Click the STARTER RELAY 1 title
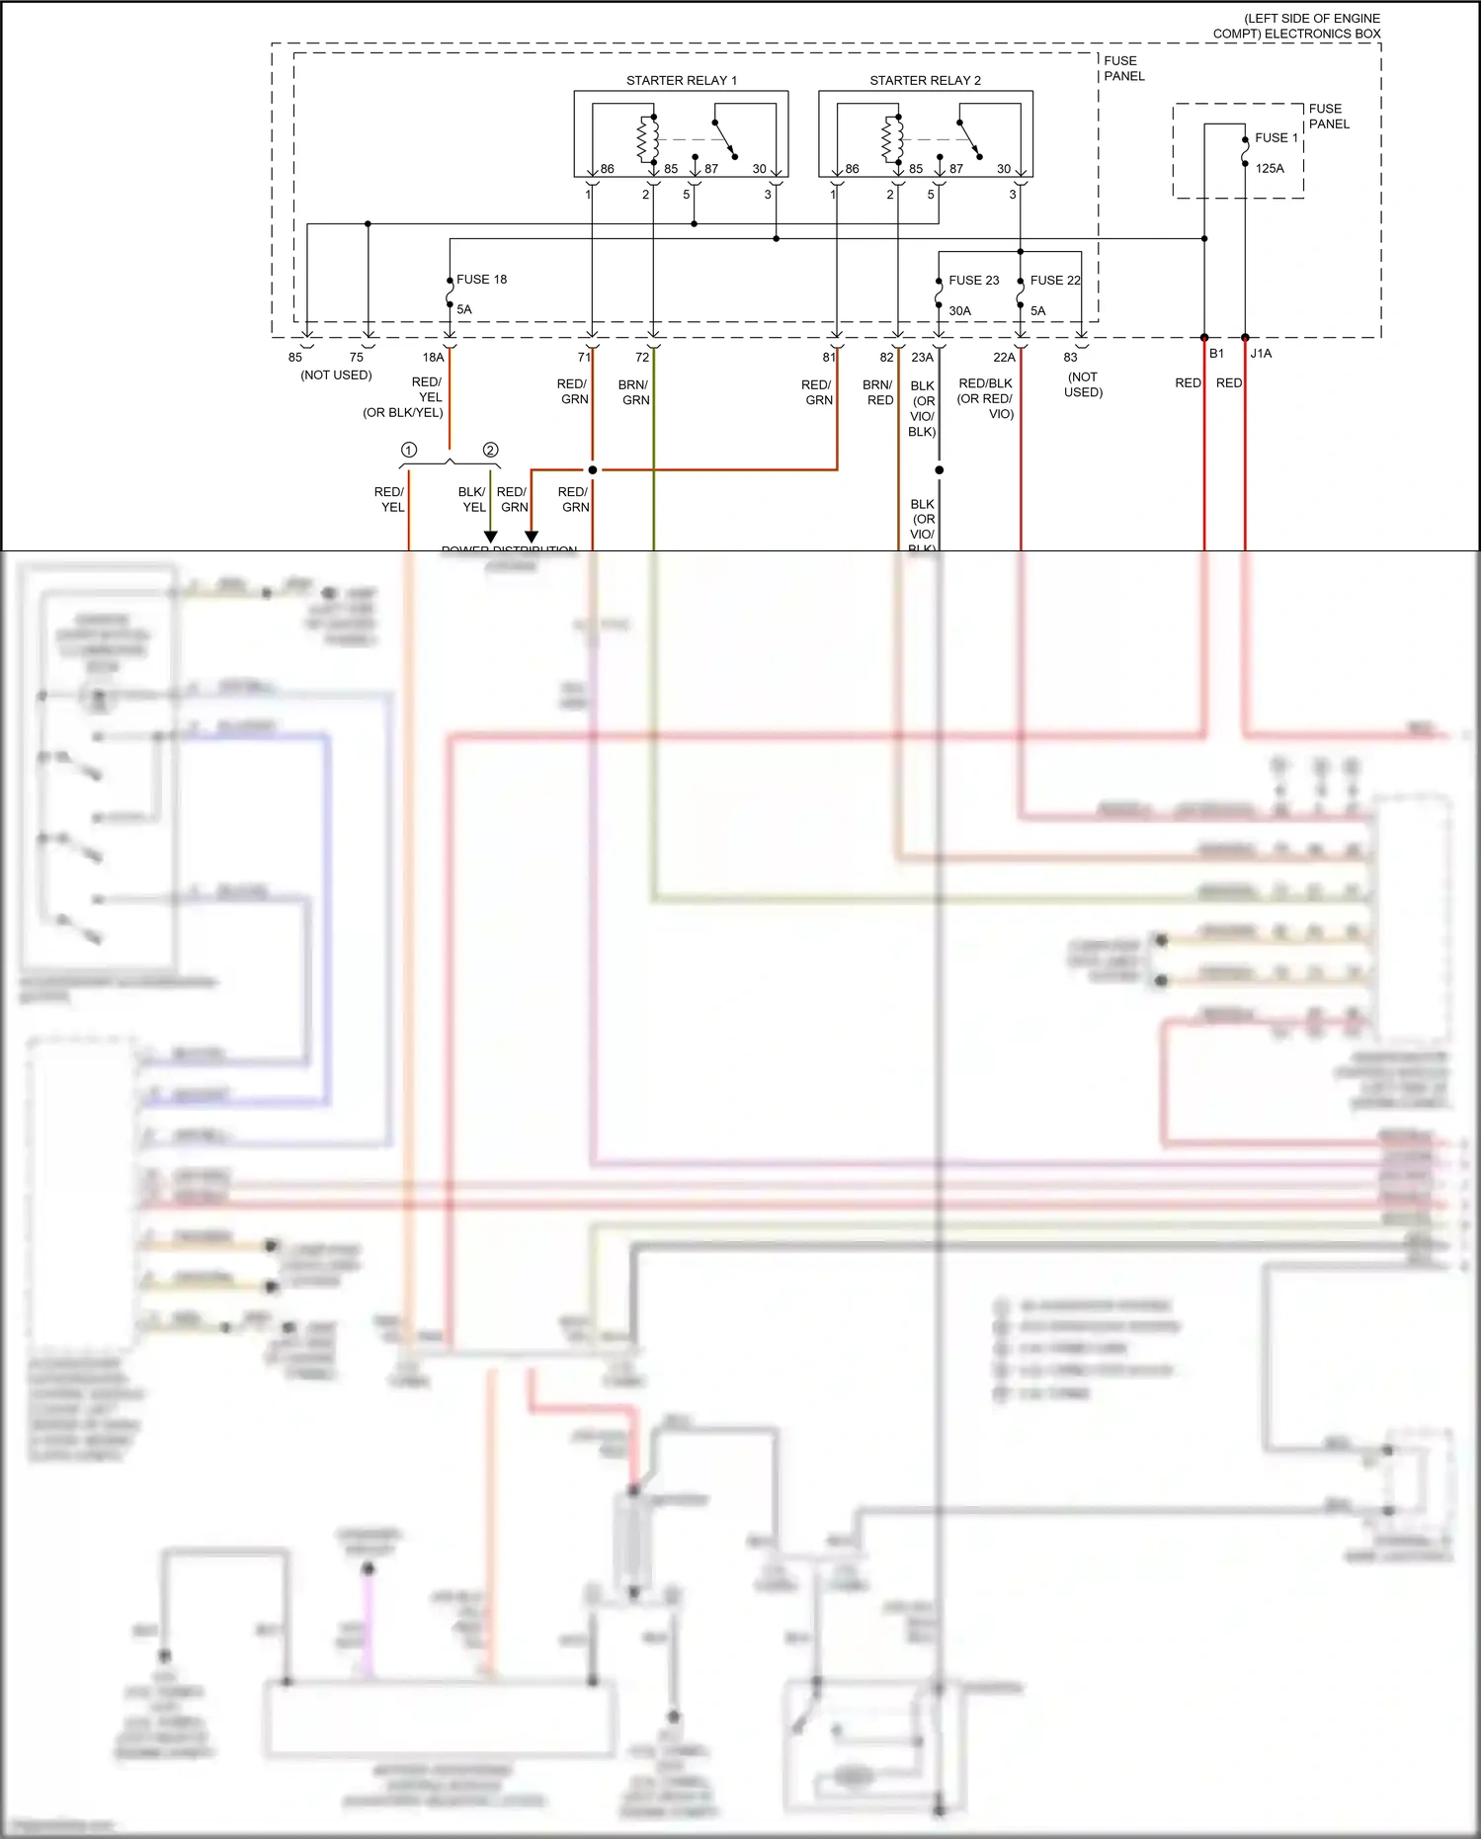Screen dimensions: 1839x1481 681,80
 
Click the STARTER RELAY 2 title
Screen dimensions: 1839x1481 925,80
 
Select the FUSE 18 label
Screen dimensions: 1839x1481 481,280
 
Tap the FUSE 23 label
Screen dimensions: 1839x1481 973,281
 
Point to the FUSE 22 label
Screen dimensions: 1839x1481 1055,281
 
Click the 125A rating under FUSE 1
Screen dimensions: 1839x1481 1270,168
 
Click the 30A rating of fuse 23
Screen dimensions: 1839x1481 959,310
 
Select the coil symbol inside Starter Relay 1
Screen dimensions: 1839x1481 648,138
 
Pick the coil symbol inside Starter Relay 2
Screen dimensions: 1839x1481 892,138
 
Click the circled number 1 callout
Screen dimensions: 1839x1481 408,450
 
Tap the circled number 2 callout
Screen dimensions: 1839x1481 490,450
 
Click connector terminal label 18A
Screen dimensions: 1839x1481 433,357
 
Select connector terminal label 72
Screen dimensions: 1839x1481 642,357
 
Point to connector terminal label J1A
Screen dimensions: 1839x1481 1261,353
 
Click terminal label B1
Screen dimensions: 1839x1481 1216,353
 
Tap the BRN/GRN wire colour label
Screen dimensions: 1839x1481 634,392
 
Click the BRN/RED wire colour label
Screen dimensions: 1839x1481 878,392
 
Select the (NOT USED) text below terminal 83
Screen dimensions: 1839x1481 1083,384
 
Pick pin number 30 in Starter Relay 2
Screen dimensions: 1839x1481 1003,169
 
